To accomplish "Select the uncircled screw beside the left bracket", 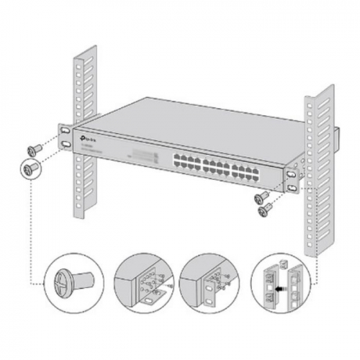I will pos(33,148).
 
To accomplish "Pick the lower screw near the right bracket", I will pos(265,208).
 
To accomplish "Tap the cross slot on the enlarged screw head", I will pos(61,281).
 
